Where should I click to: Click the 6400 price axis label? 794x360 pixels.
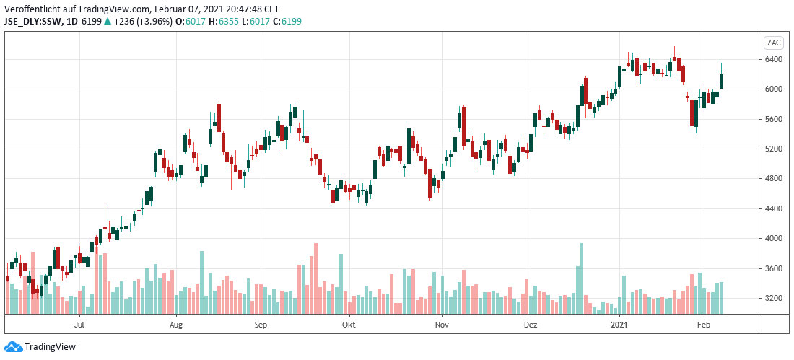click(774, 59)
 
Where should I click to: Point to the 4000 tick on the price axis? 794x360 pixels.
click(774, 238)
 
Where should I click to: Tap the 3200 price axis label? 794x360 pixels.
click(774, 298)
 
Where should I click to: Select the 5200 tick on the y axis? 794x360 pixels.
click(774, 149)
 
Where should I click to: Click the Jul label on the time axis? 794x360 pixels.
click(80, 325)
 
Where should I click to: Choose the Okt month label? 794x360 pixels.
click(349, 325)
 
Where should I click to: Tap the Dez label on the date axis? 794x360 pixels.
click(531, 325)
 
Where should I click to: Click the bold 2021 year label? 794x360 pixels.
click(620, 325)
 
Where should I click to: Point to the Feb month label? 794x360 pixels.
click(704, 325)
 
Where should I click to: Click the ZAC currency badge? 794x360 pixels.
click(774, 41)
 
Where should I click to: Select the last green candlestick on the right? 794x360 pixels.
click(722, 82)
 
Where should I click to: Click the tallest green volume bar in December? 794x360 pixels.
click(582, 278)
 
